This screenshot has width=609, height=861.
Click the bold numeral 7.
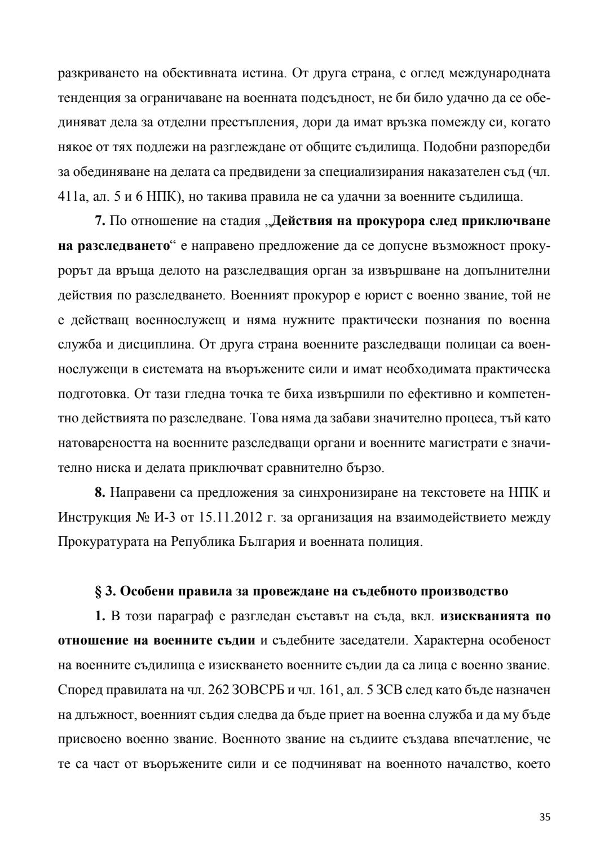coord(100,221)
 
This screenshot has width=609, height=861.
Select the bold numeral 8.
coord(100,492)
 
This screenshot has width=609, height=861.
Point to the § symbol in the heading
coord(98,591)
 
